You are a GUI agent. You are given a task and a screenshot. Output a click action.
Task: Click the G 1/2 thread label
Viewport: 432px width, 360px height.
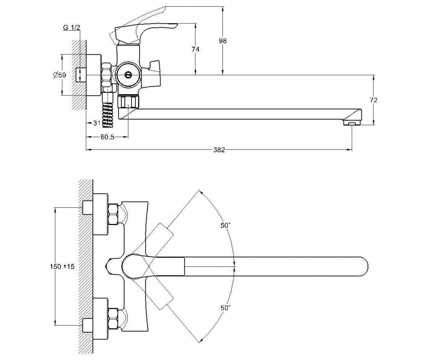pyautogui.click(x=72, y=27)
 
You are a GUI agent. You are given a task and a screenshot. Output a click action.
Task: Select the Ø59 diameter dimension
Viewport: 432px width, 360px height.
pyautogui.click(x=59, y=75)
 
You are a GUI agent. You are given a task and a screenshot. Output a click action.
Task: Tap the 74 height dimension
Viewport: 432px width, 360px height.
pyautogui.click(x=195, y=49)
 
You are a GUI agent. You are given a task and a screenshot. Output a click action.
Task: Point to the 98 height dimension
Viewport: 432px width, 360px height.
pyautogui.click(x=223, y=41)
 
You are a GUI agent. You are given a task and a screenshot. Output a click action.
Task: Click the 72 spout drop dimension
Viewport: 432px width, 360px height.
pyautogui.click(x=373, y=100)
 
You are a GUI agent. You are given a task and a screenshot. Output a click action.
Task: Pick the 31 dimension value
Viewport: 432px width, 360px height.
pyautogui.click(x=97, y=123)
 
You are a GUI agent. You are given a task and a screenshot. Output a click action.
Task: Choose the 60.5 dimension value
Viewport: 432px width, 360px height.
pyautogui.click(x=107, y=137)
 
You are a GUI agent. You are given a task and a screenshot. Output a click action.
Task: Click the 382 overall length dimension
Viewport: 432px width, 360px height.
pyautogui.click(x=219, y=150)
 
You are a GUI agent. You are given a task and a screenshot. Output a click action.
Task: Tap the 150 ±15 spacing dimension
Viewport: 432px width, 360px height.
pyautogui.click(x=62, y=266)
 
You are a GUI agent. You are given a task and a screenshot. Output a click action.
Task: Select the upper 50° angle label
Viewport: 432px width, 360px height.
pyautogui.click(x=225, y=225)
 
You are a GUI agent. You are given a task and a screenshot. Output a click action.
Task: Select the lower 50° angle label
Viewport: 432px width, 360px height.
pyautogui.click(x=225, y=314)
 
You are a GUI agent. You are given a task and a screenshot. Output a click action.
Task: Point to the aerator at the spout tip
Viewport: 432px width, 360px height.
pyautogui.click(x=352, y=123)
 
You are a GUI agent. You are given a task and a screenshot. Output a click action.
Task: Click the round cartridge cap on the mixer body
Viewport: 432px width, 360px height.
pyautogui.click(x=127, y=75)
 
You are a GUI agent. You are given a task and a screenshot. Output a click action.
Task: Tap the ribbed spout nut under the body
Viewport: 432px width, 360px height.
pyautogui.click(x=128, y=102)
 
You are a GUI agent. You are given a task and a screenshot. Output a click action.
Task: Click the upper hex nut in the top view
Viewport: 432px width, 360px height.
pyautogui.click(x=113, y=214)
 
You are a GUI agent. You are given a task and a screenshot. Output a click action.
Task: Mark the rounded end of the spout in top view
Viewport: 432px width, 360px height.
pyautogui.click(x=364, y=266)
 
